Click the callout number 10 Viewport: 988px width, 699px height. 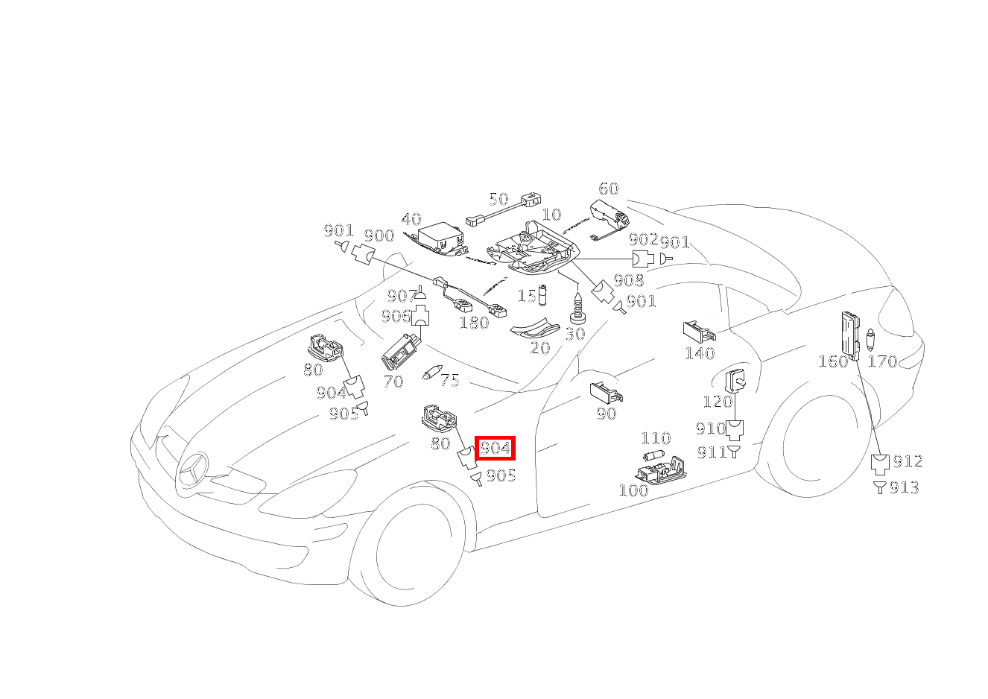551,215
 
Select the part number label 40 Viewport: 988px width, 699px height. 411,220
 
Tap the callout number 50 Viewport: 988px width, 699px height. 498,199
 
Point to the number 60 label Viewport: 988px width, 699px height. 608,189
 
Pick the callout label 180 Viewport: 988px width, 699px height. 474,323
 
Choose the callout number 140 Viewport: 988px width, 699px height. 700,353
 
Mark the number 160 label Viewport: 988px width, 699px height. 833,361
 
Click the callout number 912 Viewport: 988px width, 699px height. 908,461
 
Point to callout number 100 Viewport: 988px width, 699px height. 633,490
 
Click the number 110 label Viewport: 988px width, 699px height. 656,438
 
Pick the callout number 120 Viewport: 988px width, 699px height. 718,402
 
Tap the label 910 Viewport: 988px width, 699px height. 710,428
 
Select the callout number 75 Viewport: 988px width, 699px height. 449,381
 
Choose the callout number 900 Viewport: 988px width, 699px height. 379,236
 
